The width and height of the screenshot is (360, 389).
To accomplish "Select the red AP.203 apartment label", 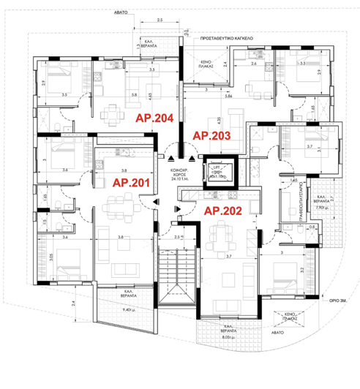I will (x=211, y=135).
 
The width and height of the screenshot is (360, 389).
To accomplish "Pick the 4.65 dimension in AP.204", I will (x=169, y=94).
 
